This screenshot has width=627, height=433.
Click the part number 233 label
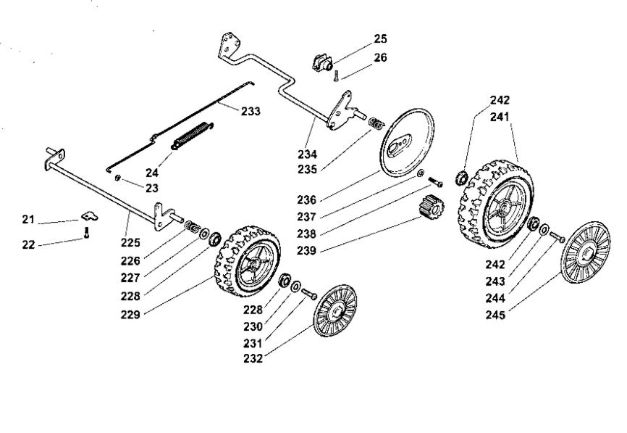click(251, 111)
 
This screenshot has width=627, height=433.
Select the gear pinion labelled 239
click(431, 206)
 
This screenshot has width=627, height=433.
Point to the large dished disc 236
click(407, 143)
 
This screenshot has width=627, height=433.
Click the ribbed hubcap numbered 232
click(335, 311)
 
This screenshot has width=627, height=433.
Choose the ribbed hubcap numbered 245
click(586, 252)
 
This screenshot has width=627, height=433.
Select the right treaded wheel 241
click(496, 205)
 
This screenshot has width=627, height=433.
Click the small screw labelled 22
click(86, 233)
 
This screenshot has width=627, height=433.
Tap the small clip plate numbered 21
click(90, 216)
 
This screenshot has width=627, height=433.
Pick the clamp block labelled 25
click(322, 63)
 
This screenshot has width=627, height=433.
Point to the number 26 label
click(380, 57)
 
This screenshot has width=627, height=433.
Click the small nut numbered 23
click(117, 178)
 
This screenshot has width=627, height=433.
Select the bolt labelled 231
click(309, 294)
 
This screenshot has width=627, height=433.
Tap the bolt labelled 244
click(557, 236)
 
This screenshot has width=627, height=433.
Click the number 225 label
click(131, 243)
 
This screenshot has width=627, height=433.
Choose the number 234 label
click(307, 154)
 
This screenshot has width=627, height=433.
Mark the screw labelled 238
click(435, 182)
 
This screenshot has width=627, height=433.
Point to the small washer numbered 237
click(421, 173)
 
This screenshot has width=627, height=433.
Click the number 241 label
click(500, 117)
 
